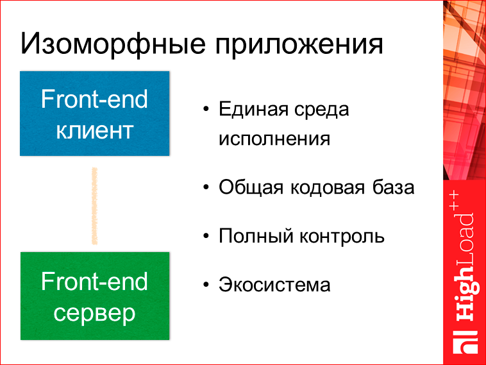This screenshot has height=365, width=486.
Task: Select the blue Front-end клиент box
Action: pos(94,114)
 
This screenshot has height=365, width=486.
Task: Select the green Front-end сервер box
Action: pos(94,296)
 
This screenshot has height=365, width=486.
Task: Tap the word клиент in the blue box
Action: pos(94,130)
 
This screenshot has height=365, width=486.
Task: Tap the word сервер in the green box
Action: pos(94,314)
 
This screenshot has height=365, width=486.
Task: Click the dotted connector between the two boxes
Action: pos(95,206)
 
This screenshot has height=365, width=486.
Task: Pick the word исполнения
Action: pos(274,139)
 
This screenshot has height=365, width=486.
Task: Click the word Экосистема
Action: pos(274,284)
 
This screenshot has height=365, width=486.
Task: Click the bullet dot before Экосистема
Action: pos(205,284)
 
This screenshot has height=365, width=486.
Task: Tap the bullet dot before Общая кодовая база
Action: pos(205,188)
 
